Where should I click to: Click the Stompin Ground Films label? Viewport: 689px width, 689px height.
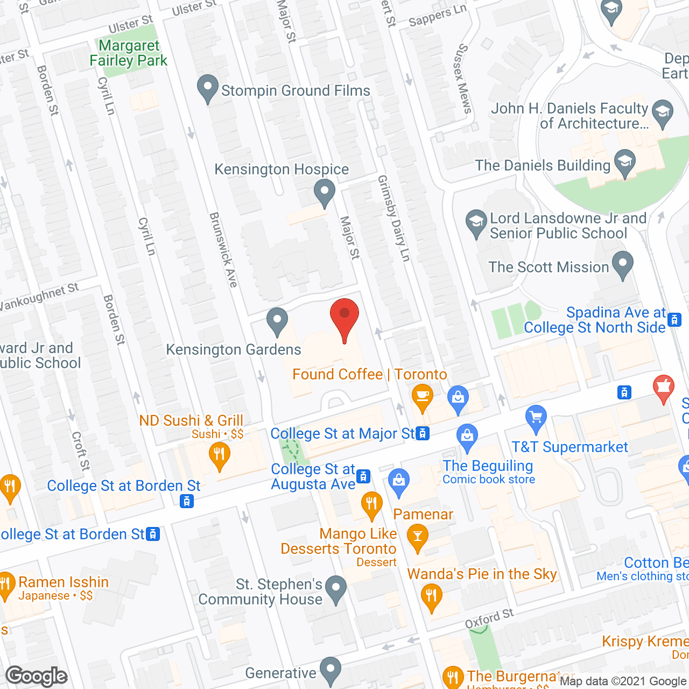[296, 90]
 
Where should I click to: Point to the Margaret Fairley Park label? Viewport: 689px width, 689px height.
[129, 53]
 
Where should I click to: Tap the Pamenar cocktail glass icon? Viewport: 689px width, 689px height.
[417, 537]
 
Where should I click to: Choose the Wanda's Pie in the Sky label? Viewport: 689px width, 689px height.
[482, 574]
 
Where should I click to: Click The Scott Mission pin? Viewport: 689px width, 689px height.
[623, 264]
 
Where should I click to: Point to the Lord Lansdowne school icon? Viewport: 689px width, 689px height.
[476, 223]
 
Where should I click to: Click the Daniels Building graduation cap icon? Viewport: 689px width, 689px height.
[624, 163]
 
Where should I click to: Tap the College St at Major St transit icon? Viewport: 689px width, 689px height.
[423, 433]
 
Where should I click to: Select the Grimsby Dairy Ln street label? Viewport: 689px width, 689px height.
[394, 218]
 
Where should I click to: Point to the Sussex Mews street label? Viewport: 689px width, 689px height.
[462, 79]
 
